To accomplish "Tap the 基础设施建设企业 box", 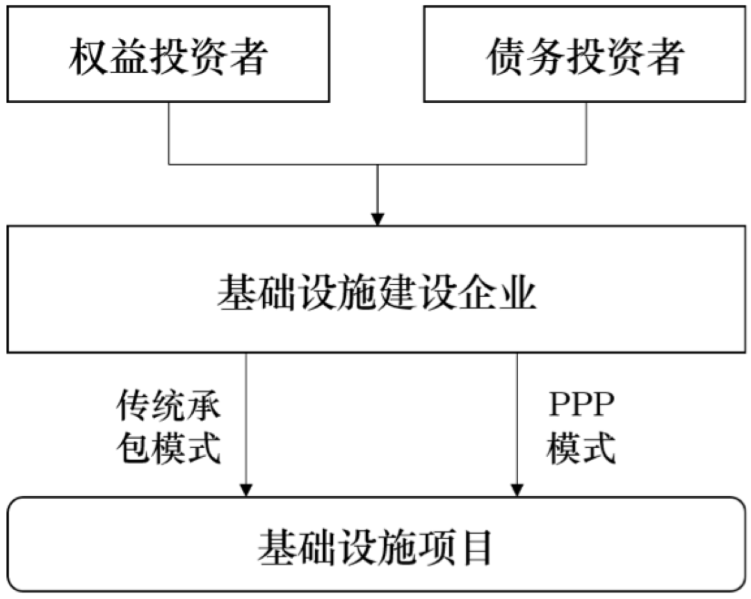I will [376, 288].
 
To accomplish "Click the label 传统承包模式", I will [168, 428].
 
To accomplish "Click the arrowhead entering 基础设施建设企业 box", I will [377, 217].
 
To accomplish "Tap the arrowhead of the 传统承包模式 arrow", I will [245, 489].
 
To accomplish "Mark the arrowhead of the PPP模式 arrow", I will [517, 489].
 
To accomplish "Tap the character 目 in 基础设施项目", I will [478, 548].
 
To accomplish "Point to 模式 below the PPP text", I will [581, 449].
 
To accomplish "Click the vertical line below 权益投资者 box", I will [169, 132].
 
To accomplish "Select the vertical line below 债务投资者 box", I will [586, 132].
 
